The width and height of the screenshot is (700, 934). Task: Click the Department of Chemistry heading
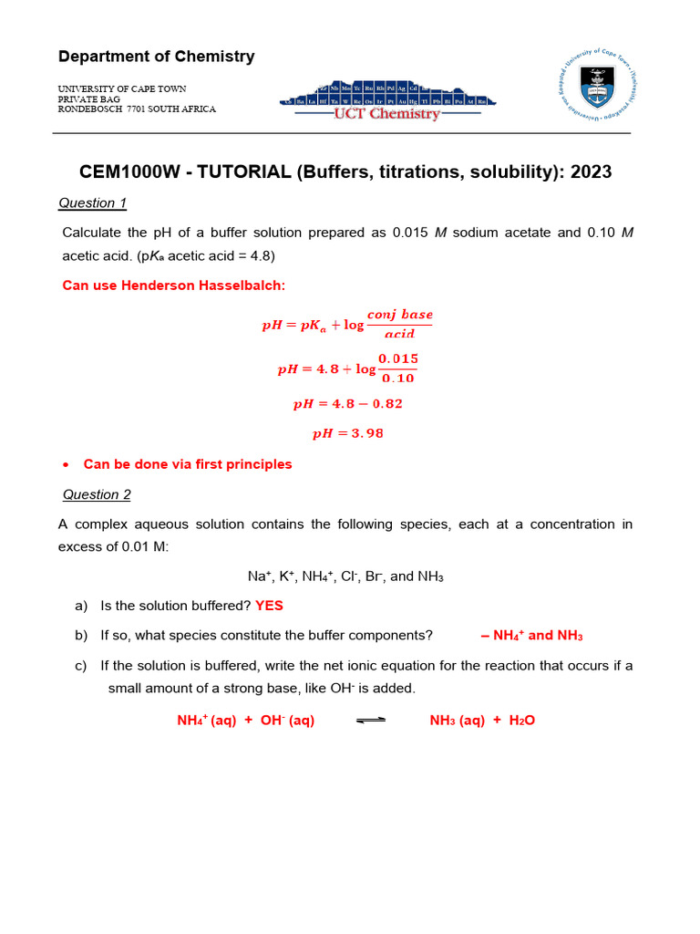coord(156,57)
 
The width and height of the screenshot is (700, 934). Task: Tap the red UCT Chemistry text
coord(386,114)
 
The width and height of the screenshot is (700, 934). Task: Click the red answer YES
coord(269,606)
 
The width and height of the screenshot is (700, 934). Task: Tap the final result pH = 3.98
coord(348,433)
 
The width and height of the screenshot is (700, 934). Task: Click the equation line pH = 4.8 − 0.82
coord(348,403)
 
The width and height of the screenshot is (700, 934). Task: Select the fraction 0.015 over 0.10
coord(398,368)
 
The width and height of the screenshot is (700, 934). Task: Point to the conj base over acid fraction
coord(400,324)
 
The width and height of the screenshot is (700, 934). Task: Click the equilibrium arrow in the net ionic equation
coord(370,721)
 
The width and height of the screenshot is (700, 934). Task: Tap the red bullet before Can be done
coord(66,465)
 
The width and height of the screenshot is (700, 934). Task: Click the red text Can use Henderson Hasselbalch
coord(173,285)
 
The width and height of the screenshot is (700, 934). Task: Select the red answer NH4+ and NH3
coord(531,636)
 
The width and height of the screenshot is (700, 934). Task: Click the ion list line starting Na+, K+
coord(345,576)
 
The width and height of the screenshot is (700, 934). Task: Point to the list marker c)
coord(81,666)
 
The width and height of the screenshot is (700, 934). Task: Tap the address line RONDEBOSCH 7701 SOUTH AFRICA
coord(137,109)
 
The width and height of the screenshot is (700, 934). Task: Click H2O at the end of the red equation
coord(521,721)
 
